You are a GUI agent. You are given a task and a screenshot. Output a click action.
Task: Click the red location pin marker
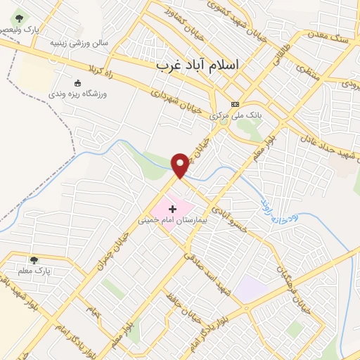(x=180, y=165)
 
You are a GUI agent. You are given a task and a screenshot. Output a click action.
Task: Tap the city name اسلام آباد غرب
(x=197, y=65)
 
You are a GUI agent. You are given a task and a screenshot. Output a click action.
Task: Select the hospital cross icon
(x=173, y=210)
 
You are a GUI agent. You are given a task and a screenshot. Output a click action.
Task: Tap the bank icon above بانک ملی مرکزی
(x=234, y=103)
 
